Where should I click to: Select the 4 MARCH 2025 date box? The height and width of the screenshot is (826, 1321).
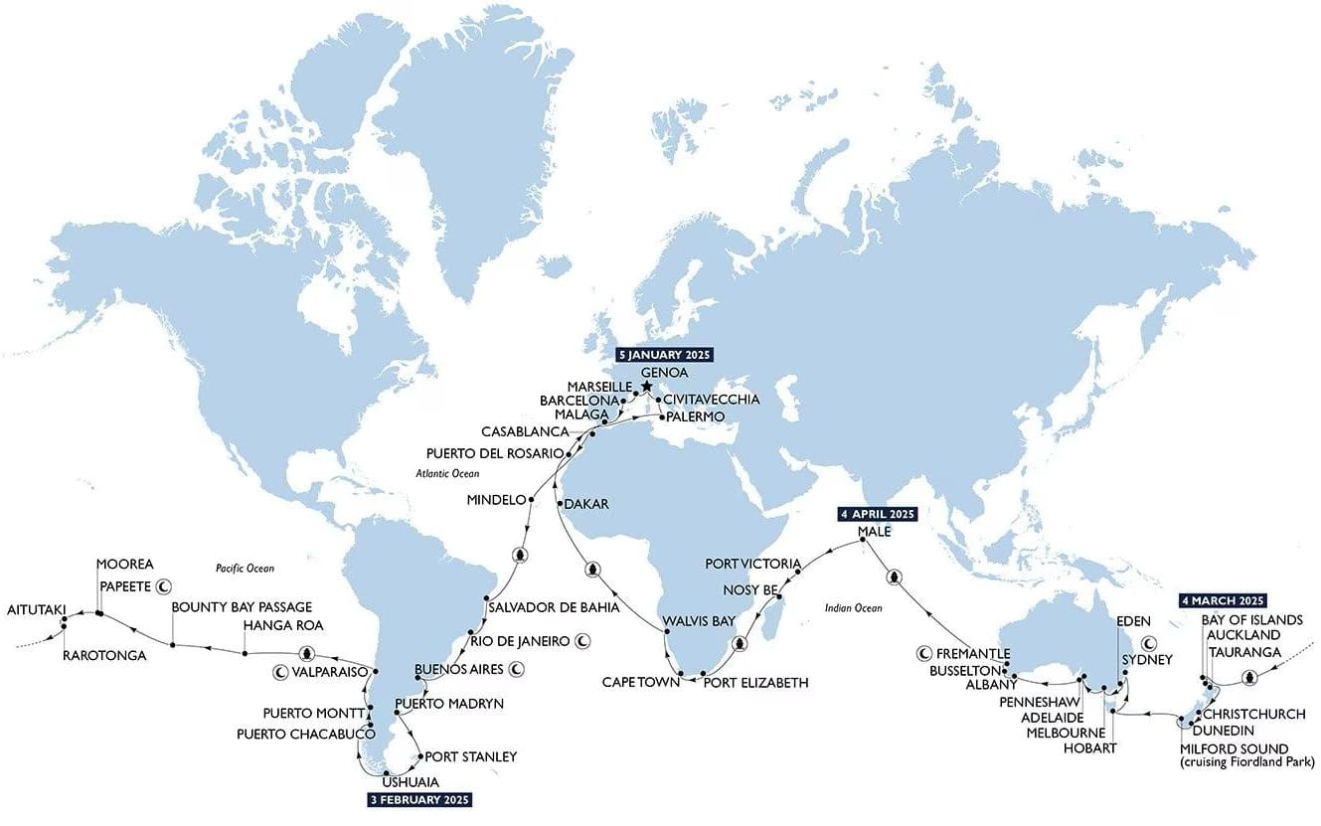1223,601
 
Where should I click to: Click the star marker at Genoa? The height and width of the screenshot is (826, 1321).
646,386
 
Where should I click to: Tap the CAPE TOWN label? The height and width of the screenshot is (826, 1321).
639,683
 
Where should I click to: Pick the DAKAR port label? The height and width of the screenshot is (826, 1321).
586,505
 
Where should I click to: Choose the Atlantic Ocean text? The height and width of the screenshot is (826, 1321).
447,474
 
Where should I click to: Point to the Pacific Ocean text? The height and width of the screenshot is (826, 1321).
245,569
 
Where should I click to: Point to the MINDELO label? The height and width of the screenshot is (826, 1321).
495,500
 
